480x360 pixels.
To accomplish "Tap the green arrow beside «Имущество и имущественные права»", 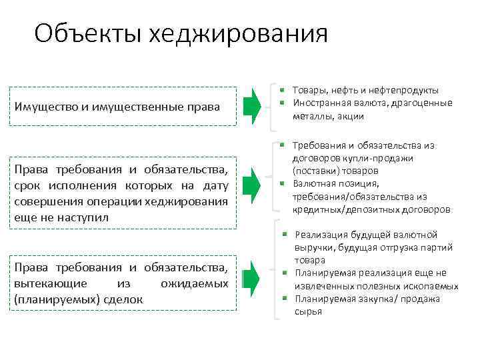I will (252, 105).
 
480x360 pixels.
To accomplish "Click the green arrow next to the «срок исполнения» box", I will (252, 185).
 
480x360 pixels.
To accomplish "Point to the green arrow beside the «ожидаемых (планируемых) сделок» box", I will (252, 281).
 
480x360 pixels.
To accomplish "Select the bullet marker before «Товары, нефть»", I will (283, 89).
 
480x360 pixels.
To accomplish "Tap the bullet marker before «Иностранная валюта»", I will (283, 102).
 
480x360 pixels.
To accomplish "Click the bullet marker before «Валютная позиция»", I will (283, 183).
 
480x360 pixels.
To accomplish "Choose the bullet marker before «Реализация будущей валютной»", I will (283, 234).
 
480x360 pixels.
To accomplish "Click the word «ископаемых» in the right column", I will (433, 286).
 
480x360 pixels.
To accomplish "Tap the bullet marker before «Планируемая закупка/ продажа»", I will (283, 298).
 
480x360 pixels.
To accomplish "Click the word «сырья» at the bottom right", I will (307, 311).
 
